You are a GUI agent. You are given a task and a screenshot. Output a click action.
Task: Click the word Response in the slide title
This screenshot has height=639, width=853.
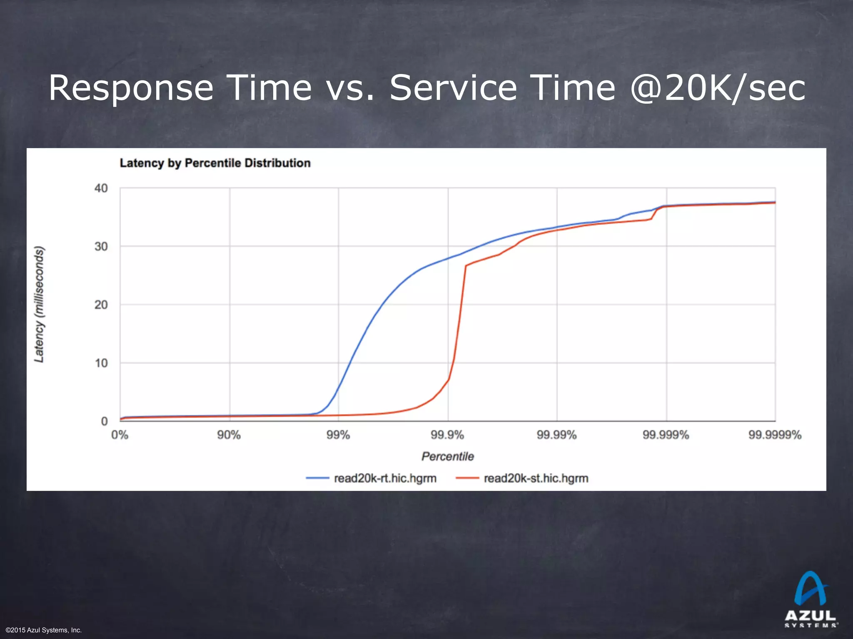[131, 88]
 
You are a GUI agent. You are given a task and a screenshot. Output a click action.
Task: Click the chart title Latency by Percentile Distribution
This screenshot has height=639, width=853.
[215, 163]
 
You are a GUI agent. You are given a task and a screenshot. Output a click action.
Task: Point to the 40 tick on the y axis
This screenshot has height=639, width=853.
[101, 188]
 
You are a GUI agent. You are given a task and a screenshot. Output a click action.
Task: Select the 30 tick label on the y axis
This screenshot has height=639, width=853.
[101, 247]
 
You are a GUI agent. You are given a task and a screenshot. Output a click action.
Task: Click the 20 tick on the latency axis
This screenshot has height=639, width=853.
[101, 305]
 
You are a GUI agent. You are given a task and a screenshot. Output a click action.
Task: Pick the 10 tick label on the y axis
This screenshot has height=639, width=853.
[101, 363]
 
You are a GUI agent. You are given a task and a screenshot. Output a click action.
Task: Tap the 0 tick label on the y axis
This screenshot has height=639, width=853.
[104, 421]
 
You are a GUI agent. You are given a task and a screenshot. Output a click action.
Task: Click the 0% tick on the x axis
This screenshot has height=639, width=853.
[120, 435]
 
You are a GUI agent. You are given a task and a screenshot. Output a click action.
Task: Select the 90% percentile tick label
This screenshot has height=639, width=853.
[229, 435]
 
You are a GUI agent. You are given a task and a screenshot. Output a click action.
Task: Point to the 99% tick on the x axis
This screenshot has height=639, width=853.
[338, 435]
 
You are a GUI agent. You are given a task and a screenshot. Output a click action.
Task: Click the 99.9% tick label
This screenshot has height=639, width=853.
[447, 435]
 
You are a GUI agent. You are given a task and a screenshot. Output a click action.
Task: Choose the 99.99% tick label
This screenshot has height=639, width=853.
[556, 435]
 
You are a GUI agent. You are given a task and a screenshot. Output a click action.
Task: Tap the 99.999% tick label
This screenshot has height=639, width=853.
[666, 435]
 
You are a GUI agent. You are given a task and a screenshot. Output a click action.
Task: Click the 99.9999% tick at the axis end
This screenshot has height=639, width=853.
[775, 435]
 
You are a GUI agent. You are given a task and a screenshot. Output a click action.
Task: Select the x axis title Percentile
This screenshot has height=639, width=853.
[448, 456]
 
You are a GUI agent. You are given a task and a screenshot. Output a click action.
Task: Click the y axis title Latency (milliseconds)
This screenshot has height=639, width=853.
[39, 305]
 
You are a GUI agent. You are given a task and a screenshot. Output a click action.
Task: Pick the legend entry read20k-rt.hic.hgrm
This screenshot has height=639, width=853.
[385, 478]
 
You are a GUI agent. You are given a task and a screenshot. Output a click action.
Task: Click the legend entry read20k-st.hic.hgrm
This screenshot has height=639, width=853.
[536, 478]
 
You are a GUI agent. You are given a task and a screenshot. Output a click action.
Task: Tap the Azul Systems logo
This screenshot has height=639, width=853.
[810, 599]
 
